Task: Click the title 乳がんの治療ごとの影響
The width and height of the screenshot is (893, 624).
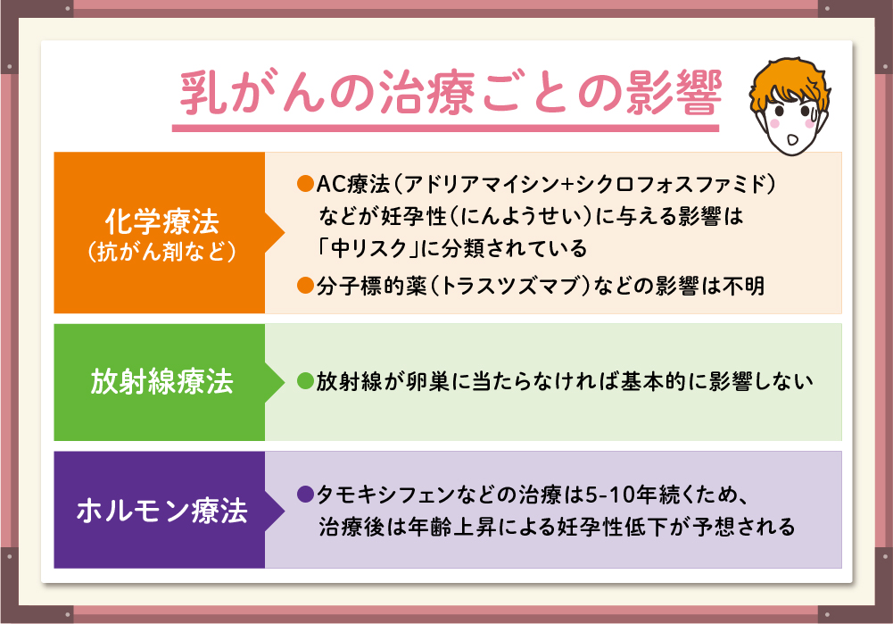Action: (451, 92)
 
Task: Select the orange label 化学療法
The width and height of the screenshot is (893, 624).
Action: (161, 221)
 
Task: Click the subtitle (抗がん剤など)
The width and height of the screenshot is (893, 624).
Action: (161, 252)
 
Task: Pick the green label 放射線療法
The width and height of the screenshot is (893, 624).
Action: (161, 381)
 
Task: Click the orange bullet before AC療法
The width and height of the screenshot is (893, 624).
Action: (306, 184)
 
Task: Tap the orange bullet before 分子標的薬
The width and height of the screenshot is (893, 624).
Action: (306, 285)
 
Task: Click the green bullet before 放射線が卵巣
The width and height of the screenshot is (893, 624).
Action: (306, 380)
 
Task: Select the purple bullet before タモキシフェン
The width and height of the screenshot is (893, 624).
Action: (306, 494)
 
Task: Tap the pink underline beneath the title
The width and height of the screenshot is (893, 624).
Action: (445, 129)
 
